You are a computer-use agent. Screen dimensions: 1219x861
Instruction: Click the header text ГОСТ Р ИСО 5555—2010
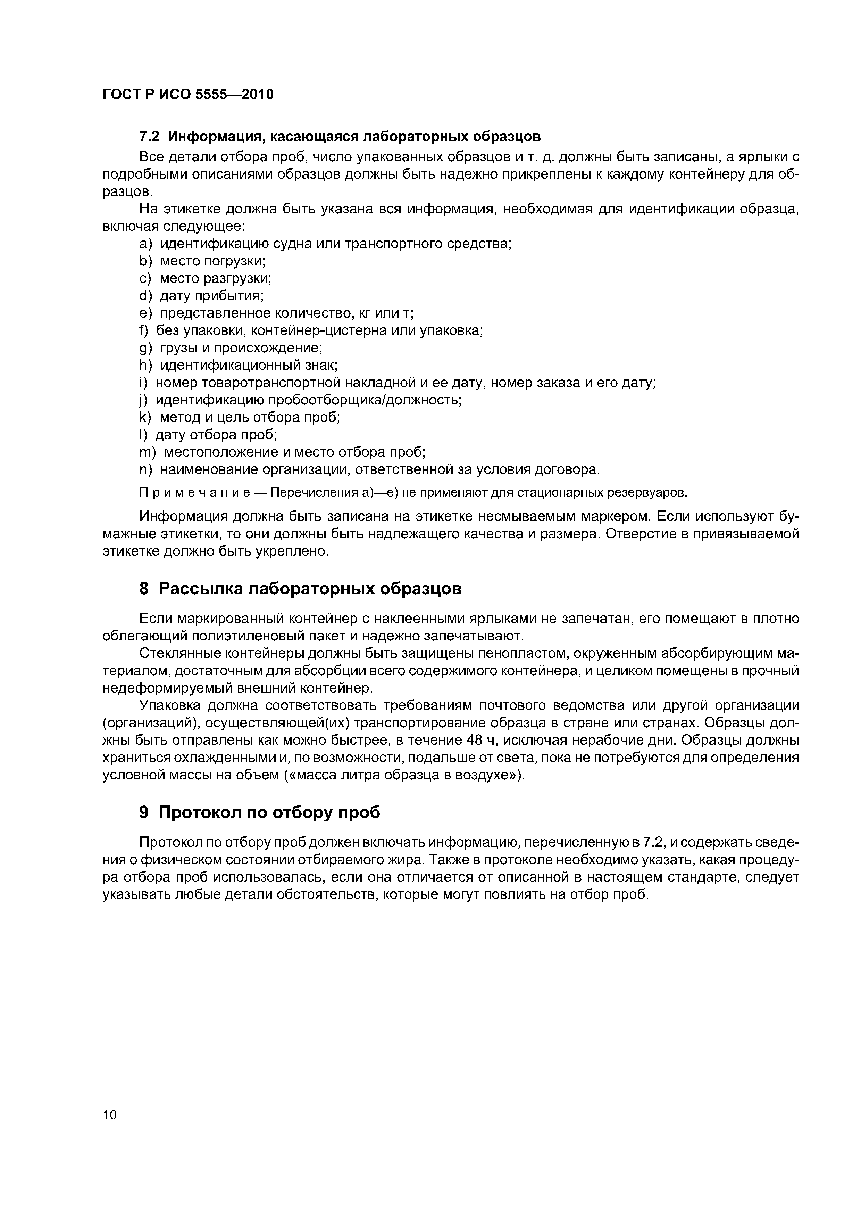[x=188, y=95]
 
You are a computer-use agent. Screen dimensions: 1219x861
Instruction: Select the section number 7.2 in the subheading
[x=149, y=137]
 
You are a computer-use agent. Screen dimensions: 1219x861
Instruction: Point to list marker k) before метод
[x=145, y=418]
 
